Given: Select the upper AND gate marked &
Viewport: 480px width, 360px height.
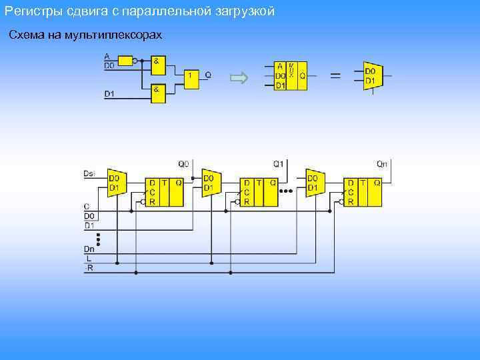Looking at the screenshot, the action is click(158, 65).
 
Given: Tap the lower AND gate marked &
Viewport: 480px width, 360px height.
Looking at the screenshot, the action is click(158, 93).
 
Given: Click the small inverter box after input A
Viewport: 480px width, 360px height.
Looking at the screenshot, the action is click(125, 61).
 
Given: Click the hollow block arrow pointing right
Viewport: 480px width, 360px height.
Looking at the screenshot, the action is click(238, 78).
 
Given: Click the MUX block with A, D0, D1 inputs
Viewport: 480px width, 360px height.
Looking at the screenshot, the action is click(291, 76).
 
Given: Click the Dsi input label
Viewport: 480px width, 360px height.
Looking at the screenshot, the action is click(89, 173).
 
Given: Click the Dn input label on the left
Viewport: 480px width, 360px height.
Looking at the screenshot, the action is click(89, 249).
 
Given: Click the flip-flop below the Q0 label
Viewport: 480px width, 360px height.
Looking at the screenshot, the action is click(165, 192).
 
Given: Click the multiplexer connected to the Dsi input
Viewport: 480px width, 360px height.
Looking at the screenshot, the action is click(116, 183).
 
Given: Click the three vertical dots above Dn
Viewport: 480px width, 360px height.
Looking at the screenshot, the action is click(99, 239).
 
